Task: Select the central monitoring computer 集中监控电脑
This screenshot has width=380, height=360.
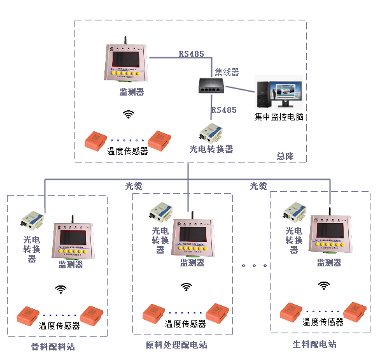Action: tap(278, 92)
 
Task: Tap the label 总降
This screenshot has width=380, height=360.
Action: tap(285, 155)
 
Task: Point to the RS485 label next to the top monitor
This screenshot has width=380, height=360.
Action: tap(191, 54)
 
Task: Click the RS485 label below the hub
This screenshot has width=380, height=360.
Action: tap(223, 110)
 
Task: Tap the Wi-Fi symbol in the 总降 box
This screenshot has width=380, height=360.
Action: tap(129, 115)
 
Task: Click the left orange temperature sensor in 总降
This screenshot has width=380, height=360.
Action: tap(98, 140)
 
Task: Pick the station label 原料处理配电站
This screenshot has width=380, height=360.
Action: tap(176, 345)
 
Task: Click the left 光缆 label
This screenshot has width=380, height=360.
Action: tap(134, 186)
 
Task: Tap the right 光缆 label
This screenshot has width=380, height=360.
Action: tap(258, 186)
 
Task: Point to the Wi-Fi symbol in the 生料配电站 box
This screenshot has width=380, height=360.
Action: tap(324, 285)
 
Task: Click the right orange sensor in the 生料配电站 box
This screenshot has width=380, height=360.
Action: tap(355, 309)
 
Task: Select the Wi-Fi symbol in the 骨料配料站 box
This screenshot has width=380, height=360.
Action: tap(60, 289)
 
